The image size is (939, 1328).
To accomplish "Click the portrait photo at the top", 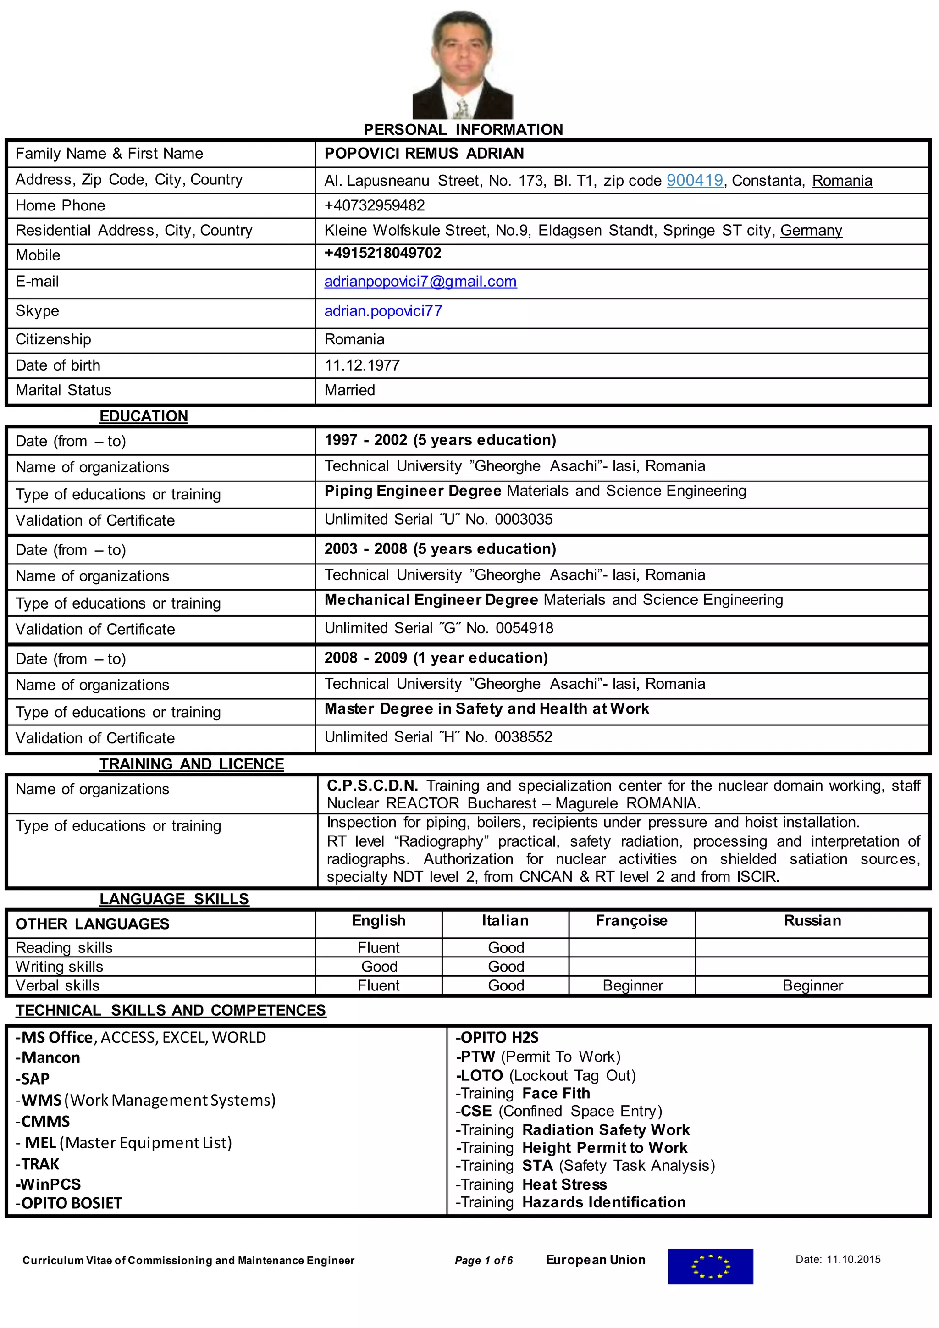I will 463,65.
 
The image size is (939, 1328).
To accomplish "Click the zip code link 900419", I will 695,181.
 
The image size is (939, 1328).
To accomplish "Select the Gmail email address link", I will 420,282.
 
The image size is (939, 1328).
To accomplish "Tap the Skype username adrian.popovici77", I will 383,311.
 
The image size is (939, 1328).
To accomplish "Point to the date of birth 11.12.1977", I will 362,365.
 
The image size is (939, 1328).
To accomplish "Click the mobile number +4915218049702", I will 383,253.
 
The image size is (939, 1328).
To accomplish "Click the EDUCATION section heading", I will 144,416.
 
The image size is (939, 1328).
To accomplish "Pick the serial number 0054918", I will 524,628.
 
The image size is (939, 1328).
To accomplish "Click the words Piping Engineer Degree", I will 412,491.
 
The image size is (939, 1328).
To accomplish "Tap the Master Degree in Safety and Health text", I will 486,709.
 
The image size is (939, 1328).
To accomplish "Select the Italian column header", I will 505,921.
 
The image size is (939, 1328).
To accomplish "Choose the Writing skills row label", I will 59,967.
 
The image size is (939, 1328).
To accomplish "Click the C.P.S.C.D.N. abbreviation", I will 372,786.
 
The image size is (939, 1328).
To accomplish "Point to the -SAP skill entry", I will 33,1079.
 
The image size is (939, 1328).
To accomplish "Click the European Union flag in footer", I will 710,1267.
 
